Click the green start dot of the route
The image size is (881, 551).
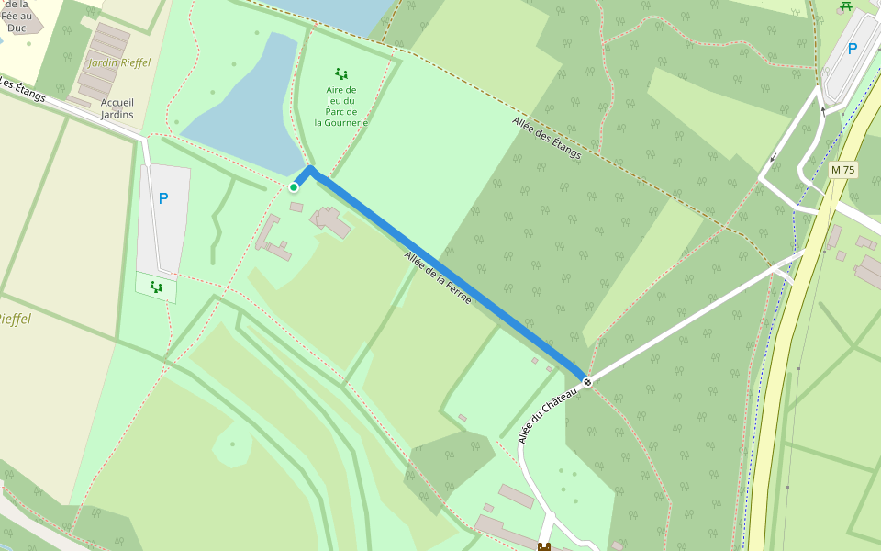point(294,187)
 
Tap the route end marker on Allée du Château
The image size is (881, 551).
point(587,381)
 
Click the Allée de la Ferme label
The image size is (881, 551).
point(438,278)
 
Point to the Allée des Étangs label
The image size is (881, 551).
point(546,139)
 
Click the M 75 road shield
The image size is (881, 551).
point(842,170)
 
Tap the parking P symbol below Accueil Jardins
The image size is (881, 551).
point(163,198)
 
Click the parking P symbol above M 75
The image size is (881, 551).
point(853,50)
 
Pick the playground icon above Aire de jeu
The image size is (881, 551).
point(341,73)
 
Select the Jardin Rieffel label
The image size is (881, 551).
point(119,63)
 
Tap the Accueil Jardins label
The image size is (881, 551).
point(117,108)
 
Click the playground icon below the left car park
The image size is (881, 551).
point(156,287)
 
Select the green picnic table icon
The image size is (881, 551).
point(845,6)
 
